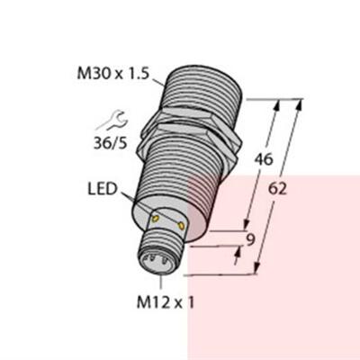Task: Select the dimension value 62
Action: coord(280,190)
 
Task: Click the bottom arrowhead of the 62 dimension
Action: coord(259,266)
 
